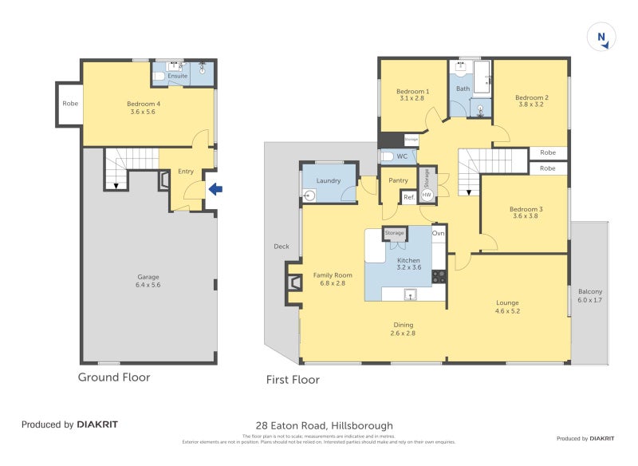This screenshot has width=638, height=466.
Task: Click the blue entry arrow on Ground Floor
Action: point(215,189)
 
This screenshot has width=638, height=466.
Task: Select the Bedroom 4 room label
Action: point(144,104)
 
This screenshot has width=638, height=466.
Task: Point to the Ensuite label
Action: point(178,76)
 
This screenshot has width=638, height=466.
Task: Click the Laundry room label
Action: point(329,180)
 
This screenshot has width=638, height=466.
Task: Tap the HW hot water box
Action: point(427,195)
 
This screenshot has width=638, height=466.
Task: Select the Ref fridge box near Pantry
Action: point(408,196)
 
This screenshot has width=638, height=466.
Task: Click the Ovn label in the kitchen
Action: point(438,233)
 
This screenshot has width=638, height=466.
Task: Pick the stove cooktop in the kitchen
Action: point(439,277)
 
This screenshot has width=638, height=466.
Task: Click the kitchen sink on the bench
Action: point(411,295)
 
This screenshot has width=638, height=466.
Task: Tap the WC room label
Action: point(402,156)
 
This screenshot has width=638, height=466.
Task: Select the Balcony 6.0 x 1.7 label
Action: point(590,295)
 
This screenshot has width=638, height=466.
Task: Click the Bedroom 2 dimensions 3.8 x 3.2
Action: point(534,104)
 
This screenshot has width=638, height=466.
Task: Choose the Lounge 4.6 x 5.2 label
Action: point(507,306)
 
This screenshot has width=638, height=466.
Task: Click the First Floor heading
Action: point(293,380)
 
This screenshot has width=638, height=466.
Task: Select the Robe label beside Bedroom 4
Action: point(69,104)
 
